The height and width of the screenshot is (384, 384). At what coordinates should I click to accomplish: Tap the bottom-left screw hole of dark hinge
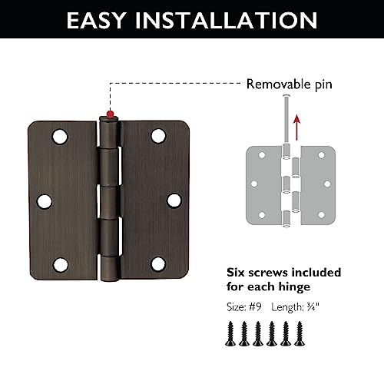click(58, 264)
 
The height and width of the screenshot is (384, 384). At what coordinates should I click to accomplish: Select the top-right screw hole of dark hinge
click(158, 136)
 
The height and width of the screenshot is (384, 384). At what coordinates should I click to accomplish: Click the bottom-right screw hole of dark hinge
click(158, 264)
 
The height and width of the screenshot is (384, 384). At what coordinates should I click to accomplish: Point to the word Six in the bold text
click(237, 273)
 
